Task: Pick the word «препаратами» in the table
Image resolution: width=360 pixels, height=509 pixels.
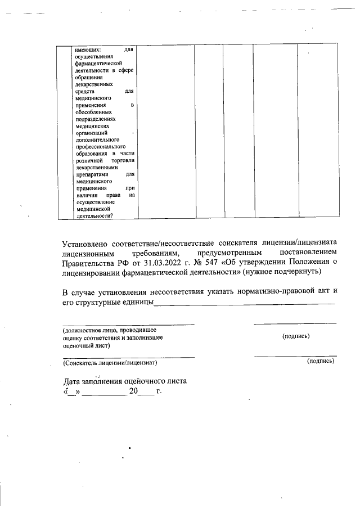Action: pyautogui.click(x=88, y=174)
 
